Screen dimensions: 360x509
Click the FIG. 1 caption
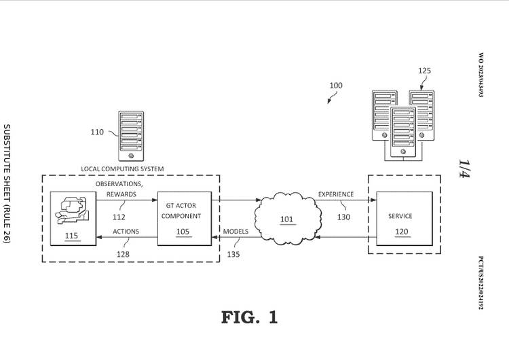[249, 317]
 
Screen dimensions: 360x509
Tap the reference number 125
[424, 71]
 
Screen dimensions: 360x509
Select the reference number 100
[336, 86]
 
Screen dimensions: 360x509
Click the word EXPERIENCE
[336, 194]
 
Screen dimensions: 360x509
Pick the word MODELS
[235, 232]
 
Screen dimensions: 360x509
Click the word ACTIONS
[126, 232]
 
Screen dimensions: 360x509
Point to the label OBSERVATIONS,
[119, 184]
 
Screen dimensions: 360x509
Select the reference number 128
[122, 254]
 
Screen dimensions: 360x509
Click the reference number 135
[233, 255]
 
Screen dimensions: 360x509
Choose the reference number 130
[343, 218]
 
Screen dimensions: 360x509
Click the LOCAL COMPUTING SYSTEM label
[122, 168]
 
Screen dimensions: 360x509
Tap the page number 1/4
[464, 168]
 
